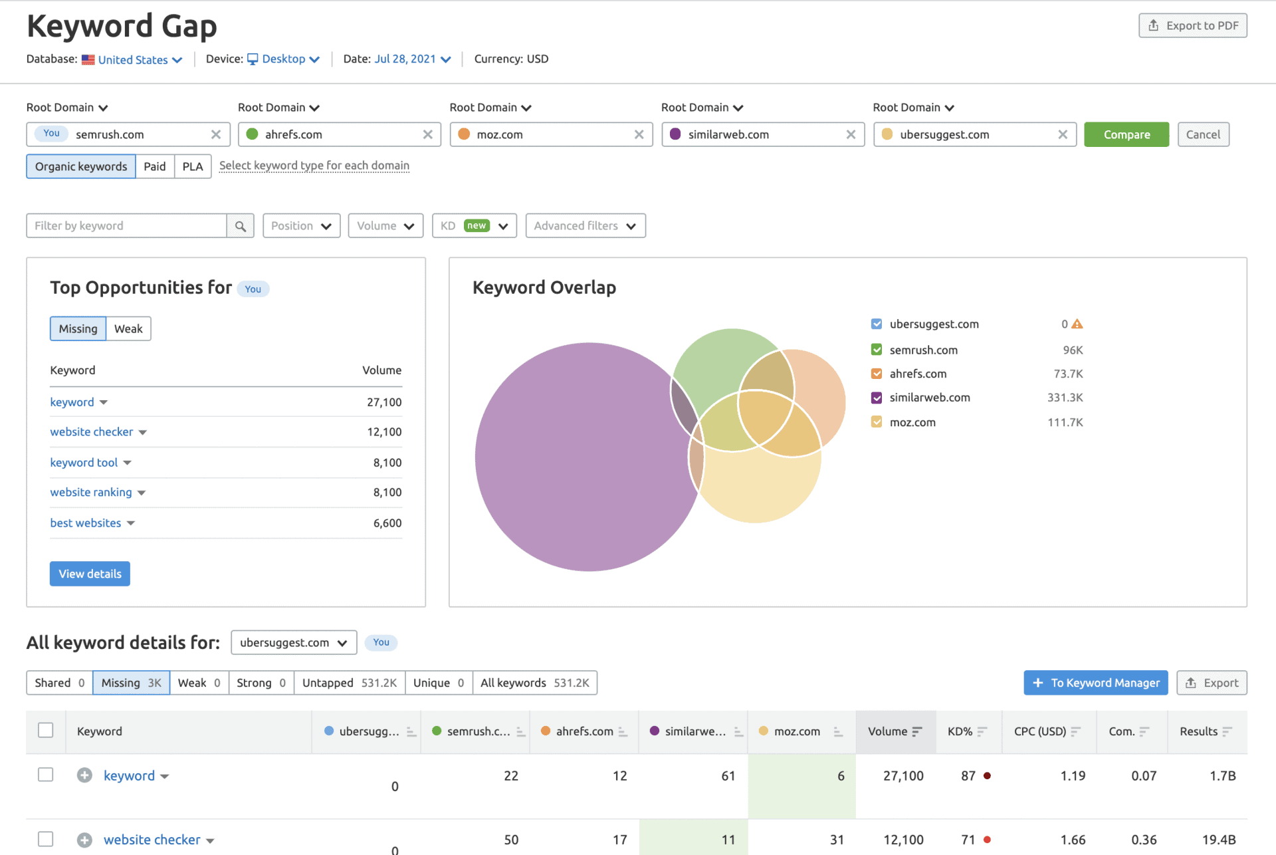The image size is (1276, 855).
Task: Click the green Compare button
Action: (x=1126, y=134)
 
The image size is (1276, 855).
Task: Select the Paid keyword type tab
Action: (x=154, y=166)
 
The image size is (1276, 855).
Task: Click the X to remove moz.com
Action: (x=639, y=134)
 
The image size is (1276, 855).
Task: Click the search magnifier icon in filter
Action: (x=240, y=226)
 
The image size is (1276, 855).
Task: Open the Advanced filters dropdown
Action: (x=585, y=226)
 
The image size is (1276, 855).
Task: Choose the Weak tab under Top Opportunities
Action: (x=128, y=329)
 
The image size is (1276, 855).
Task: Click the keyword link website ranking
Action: (x=91, y=493)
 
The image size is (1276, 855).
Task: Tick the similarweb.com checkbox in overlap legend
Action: (x=877, y=398)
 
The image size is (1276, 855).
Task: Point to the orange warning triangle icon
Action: (x=1077, y=324)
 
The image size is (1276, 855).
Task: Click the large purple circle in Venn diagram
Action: (x=572, y=465)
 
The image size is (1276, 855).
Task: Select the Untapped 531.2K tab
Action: (x=349, y=683)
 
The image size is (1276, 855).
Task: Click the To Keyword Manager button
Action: (x=1095, y=683)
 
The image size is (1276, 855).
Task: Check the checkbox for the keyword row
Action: (x=45, y=775)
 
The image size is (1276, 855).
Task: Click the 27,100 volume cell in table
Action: (x=903, y=776)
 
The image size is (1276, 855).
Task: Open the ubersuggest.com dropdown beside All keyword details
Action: (x=293, y=643)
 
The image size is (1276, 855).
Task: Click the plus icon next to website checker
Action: (x=84, y=840)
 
